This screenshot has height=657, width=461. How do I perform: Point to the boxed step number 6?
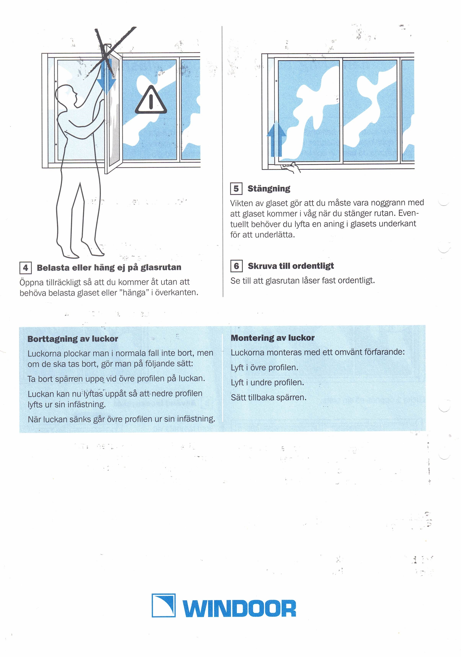[236, 266]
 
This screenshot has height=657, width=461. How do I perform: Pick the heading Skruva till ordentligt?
[291, 266]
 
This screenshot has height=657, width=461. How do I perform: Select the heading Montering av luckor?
[273, 338]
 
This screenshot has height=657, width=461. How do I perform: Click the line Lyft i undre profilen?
[267, 383]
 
